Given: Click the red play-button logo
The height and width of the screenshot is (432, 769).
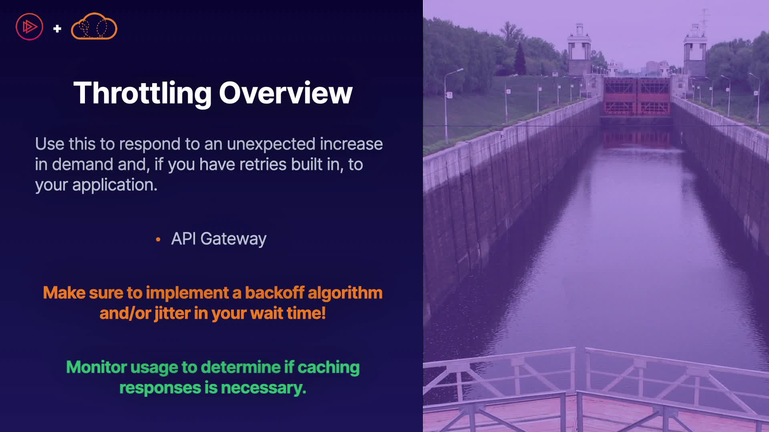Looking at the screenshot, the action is (x=29, y=27).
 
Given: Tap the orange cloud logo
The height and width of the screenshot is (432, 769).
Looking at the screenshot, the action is (x=94, y=26).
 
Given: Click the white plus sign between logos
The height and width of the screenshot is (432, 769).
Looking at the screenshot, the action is (x=57, y=28).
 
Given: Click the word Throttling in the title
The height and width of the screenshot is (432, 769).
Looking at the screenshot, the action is (x=143, y=94).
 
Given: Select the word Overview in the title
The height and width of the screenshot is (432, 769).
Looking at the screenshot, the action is (x=286, y=93).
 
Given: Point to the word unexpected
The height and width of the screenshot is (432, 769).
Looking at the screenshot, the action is (x=271, y=144).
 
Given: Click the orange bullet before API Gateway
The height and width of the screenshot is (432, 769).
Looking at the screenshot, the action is (x=158, y=240).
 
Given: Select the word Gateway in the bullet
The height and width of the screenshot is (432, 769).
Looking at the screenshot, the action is (x=234, y=239).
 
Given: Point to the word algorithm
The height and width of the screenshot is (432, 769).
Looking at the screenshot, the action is (x=345, y=293).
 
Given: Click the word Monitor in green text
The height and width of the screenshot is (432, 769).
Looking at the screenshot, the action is (x=97, y=367).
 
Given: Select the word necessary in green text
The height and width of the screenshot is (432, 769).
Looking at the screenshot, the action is (x=264, y=388).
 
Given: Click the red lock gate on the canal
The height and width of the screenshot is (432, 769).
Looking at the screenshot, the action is (x=637, y=96).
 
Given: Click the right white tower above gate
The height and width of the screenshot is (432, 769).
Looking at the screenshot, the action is (x=695, y=50).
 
